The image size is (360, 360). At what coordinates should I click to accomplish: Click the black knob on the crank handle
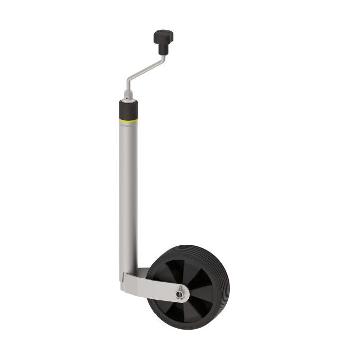pos(163,36)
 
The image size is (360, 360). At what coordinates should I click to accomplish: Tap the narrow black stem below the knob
pos(163,48)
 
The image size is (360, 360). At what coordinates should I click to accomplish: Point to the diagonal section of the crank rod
pos(146,71)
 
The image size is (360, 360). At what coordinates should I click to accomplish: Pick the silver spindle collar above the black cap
pos(128,96)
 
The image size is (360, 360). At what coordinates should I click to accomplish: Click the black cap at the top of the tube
pos(128,109)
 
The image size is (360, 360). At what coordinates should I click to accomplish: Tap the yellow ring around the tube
pos(128,120)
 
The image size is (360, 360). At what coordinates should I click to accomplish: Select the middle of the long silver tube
pos(128,195)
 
